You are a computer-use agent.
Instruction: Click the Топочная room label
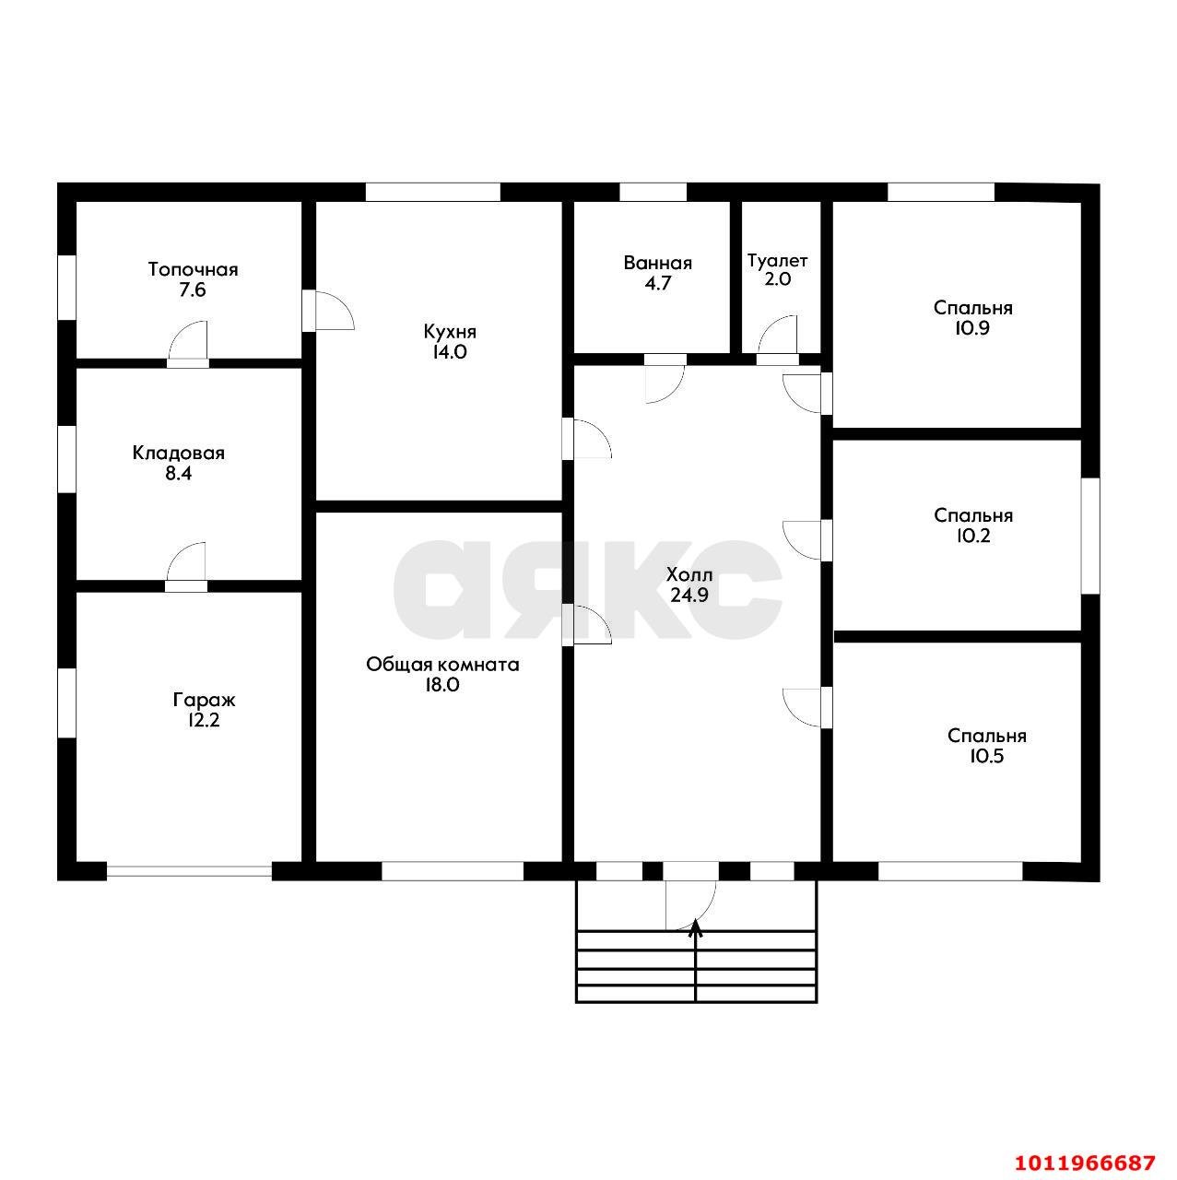click(193, 269)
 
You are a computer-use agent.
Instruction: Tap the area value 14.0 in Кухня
click(450, 352)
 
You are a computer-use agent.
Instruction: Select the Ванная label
click(658, 264)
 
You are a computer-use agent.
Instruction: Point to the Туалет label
click(777, 261)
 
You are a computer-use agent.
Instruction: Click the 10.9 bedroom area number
click(972, 328)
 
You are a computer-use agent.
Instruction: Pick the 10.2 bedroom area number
click(972, 536)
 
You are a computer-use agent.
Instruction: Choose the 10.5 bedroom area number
click(986, 756)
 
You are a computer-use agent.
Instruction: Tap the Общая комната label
click(442, 665)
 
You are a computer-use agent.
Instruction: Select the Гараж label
click(204, 701)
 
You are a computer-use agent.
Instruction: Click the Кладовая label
click(179, 454)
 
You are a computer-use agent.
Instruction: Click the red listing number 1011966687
click(1085, 1162)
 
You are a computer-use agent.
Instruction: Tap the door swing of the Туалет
click(778, 336)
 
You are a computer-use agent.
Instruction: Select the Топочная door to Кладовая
click(189, 342)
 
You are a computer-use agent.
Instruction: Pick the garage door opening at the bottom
click(190, 870)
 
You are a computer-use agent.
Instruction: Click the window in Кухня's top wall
click(433, 192)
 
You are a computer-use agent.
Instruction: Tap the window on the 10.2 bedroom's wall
click(1090, 536)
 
